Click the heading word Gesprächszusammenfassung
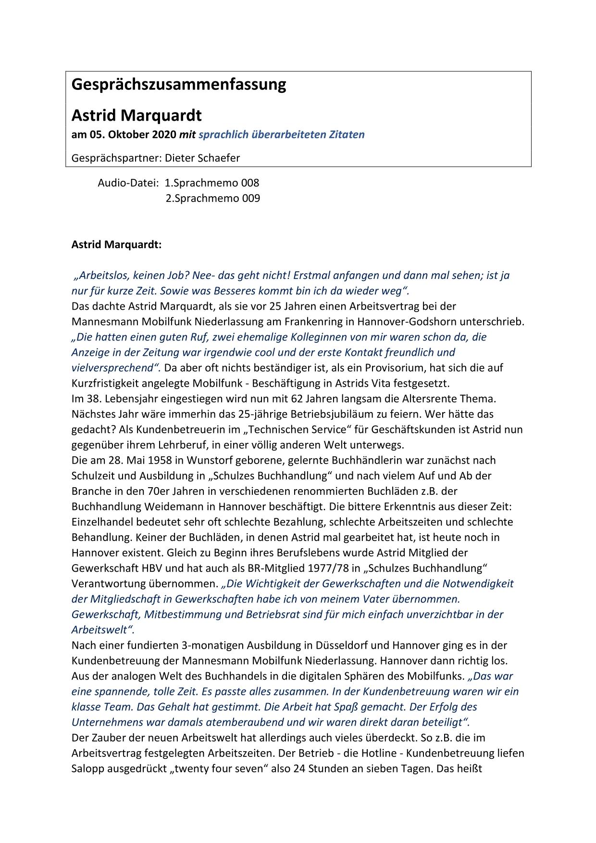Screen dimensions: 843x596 (x=178, y=85)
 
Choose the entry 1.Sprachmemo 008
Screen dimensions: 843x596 (x=212, y=183)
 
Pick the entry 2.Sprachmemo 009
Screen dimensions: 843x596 (x=213, y=198)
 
